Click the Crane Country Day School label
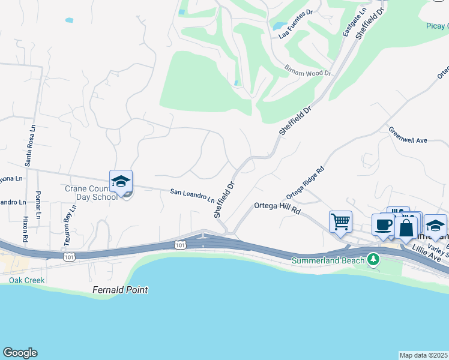coord(91,193)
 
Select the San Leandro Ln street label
coord(192,194)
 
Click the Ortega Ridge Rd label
coord(305,183)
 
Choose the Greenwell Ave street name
coord(408,135)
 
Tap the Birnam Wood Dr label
coord(307,70)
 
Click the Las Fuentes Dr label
coord(296,24)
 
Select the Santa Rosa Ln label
coord(28,149)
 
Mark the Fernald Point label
coord(120,290)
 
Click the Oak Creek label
coord(23,280)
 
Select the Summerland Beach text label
coord(328,260)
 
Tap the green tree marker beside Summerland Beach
coord(374,260)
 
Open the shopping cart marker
coord(340,221)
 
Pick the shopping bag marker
coord(406,228)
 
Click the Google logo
coord(20,353)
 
